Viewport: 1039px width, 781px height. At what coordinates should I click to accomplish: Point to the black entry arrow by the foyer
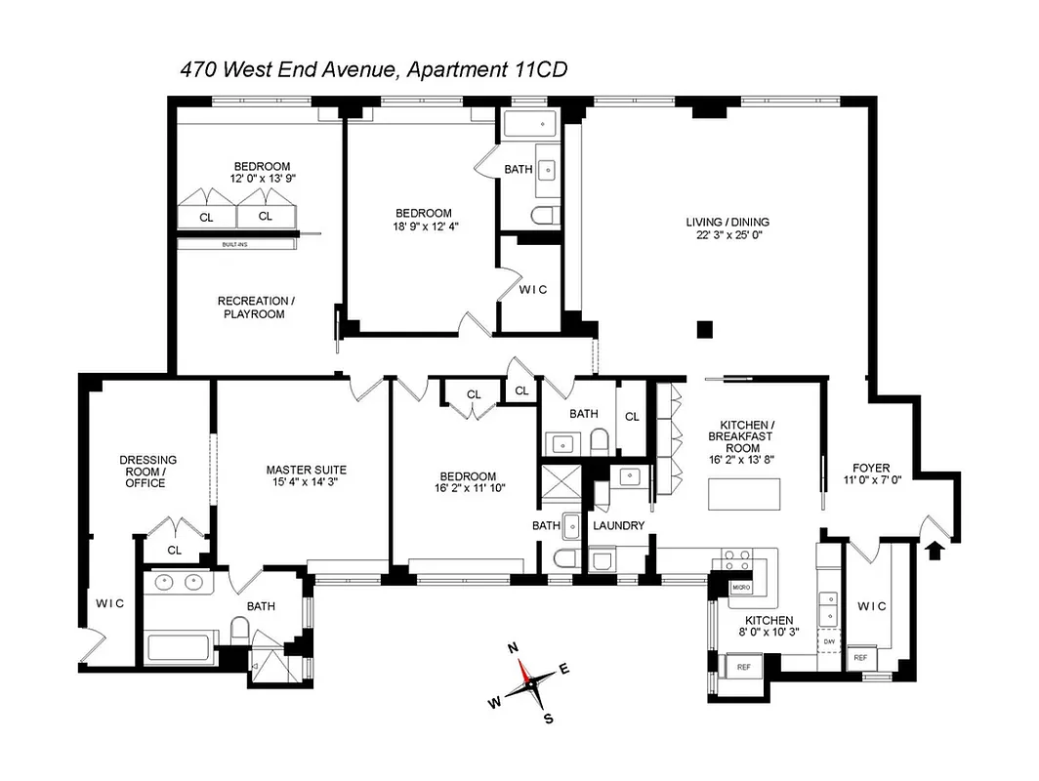point(934,551)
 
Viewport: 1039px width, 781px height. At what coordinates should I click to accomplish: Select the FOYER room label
point(870,468)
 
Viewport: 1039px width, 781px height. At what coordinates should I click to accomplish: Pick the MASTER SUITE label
point(306,470)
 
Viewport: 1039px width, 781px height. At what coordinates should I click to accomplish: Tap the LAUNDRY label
point(618,525)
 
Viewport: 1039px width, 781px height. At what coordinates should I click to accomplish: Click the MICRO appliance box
point(741,588)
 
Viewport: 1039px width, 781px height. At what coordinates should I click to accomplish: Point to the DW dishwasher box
point(828,641)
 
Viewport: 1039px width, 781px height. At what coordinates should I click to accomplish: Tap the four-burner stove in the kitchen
point(735,559)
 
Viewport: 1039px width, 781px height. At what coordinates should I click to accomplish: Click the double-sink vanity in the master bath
point(180,583)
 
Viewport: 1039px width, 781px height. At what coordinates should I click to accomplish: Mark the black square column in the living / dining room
point(704,329)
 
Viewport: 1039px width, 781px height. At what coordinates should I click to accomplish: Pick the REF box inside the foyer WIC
point(859,658)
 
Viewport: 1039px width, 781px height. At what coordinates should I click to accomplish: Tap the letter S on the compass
point(548,719)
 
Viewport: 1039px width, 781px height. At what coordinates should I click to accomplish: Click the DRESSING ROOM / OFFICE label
point(148,472)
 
